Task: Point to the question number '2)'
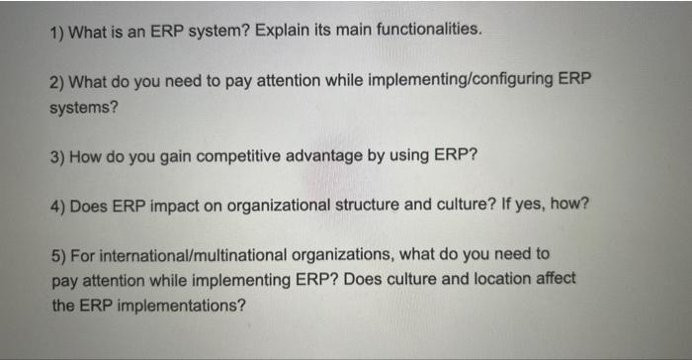point(57,81)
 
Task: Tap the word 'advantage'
point(344,156)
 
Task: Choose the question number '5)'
point(57,255)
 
